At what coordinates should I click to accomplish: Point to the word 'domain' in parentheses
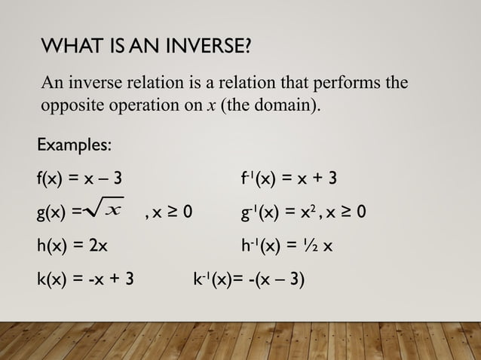[x=283, y=105]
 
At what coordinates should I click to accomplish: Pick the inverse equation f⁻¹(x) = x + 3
[x=284, y=179]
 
